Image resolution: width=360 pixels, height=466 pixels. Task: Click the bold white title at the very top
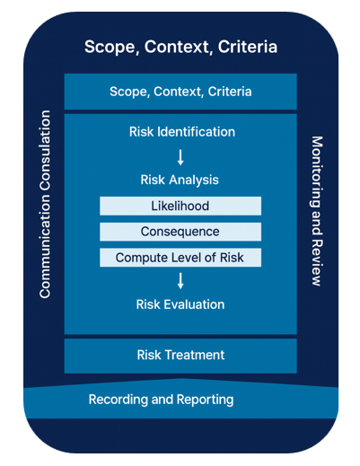[180, 45]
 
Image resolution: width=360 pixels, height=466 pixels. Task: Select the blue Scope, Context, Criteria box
[180, 92]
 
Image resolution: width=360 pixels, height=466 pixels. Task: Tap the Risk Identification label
[180, 132]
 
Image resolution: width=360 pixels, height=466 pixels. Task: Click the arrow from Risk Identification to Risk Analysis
[180, 157]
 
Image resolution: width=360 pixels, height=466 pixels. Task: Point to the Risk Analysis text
[180, 180]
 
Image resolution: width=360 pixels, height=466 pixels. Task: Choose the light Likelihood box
[180, 207]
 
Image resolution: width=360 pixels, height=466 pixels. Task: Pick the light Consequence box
[180, 232]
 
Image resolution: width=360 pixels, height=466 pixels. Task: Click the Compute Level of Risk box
[180, 258]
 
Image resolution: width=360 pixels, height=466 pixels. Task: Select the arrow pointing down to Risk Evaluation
[180, 281]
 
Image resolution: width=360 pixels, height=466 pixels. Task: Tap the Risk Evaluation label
[180, 304]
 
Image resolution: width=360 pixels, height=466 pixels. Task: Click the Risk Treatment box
[180, 355]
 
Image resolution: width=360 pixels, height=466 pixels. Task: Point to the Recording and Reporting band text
[161, 400]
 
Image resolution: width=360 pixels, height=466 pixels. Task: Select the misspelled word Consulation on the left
[45, 153]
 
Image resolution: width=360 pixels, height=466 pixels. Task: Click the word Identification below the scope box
[196, 132]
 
